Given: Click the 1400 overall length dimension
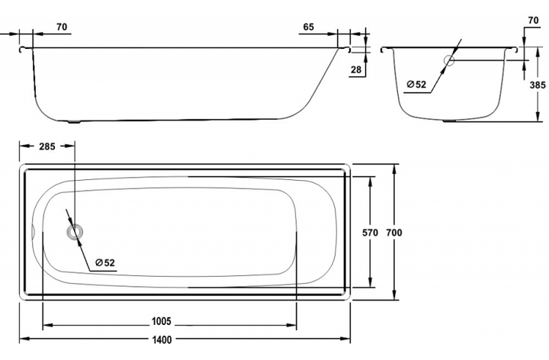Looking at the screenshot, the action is [x=162, y=339].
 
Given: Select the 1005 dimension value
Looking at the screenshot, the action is [x=162, y=321].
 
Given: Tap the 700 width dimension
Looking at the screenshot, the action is [x=394, y=232].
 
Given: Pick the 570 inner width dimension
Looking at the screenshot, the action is [x=370, y=232].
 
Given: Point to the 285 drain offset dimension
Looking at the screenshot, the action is [x=47, y=146].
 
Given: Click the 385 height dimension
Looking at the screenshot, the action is [x=538, y=85].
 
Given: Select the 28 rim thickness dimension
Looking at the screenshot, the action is [x=356, y=69].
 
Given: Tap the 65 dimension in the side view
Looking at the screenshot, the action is [x=309, y=27].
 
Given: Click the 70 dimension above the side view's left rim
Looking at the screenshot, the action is [x=62, y=27].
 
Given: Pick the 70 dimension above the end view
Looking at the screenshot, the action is [x=533, y=21].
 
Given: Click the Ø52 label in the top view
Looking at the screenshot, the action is [x=105, y=262].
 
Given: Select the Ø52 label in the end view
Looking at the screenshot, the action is [x=416, y=85].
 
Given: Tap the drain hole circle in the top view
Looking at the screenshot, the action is [x=75, y=232].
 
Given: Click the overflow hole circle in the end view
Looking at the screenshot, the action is [x=449, y=60].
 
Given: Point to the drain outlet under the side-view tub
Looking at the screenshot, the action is [x=73, y=122].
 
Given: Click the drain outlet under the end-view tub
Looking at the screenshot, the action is [x=450, y=121].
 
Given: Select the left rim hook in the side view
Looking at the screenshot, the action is [x=22, y=50].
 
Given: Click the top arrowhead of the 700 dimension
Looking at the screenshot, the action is [x=394, y=169].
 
